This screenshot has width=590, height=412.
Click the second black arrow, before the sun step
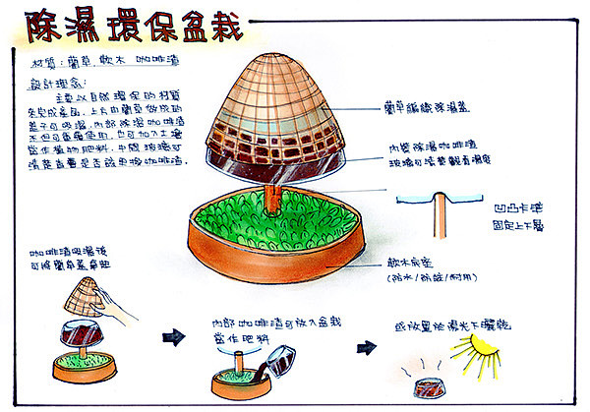pos(365,346)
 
